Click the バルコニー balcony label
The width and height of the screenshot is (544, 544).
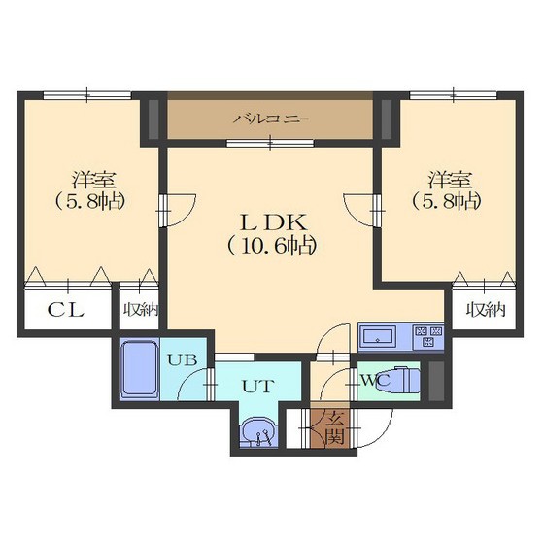[270, 119]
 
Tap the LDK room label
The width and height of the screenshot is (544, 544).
[274, 222]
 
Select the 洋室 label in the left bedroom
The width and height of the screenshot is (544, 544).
[93, 180]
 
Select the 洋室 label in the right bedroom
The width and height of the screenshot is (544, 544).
[450, 180]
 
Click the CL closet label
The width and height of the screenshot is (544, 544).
[66, 310]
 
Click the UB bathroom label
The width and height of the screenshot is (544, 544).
[183, 359]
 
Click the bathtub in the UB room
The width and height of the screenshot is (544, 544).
[140, 369]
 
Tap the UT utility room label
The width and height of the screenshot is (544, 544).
[258, 386]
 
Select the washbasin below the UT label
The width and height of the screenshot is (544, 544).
[258, 432]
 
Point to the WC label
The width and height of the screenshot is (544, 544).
[377, 380]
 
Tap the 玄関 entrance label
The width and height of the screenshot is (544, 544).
[334, 427]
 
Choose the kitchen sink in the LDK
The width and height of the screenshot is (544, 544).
[378, 336]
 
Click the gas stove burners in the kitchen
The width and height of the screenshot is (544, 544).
[428, 336]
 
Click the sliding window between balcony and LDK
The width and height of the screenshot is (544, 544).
[270, 143]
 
